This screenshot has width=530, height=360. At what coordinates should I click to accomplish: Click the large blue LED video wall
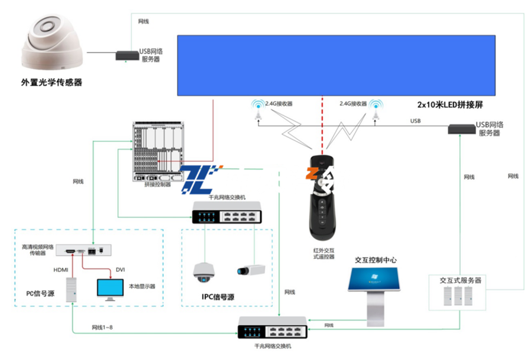coord(336,65)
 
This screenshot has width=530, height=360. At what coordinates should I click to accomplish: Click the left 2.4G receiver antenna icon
coord(257,110)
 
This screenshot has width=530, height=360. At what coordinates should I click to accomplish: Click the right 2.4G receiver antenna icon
coord(375,110)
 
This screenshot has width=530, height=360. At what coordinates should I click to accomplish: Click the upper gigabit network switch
coord(226,212)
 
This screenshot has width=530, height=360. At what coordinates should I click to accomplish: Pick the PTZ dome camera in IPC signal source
coord(202,271)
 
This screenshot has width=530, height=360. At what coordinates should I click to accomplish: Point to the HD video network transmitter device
coord(86,251)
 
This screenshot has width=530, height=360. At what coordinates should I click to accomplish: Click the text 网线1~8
coord(103,327)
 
